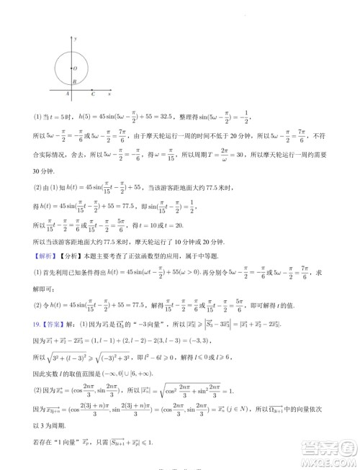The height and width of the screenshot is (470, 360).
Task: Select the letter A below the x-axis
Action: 68,94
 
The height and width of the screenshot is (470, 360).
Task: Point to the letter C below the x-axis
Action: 93,94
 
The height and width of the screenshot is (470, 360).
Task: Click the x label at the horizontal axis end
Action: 109,94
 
